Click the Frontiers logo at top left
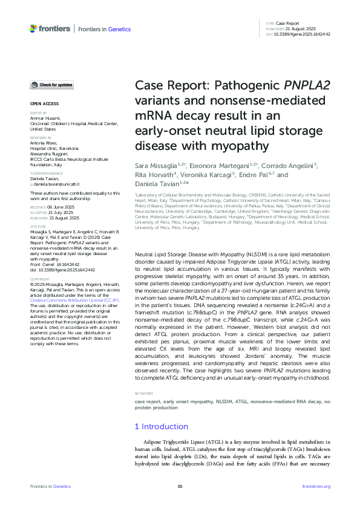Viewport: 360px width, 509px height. pos(50,28)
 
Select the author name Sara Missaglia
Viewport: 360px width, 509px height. pos(154,166)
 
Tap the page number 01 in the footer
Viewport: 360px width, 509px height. pos(180,486)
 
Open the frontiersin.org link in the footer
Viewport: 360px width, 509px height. pos(316,486)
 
